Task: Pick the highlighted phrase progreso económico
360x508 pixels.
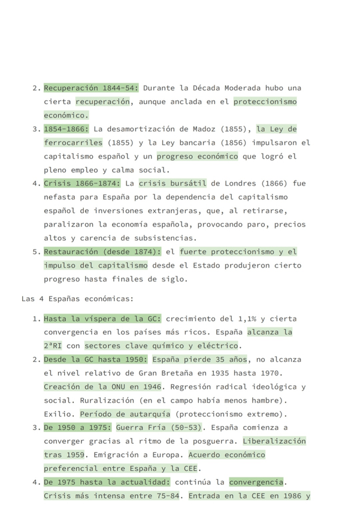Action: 197,156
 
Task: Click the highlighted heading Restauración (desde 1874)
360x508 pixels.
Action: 102,252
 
